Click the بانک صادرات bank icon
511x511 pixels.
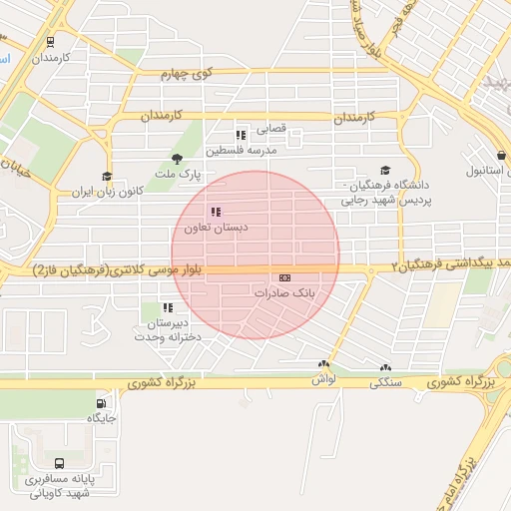[284, 278]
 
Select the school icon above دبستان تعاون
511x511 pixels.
[216, 212]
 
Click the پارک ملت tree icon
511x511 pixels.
[177, 159]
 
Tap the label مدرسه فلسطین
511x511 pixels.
[242, 151]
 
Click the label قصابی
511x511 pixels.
[271, 130]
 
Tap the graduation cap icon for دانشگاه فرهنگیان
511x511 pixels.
[385, 172]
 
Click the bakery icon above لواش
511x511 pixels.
[323, 366]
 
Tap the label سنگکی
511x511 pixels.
[385, 382]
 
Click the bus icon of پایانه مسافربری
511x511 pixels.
[61, 463]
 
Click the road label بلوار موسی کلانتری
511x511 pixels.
[118, 270]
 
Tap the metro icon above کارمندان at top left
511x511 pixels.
[50, 42]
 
